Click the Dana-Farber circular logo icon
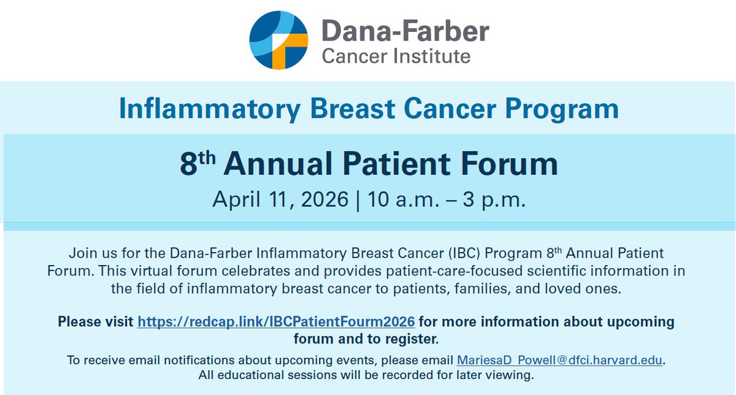click(278, 40)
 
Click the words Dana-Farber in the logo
click(405, 31)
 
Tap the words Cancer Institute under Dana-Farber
click(396, 57)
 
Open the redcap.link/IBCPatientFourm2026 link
click(276, 322)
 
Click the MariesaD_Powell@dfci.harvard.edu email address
click(560, 361)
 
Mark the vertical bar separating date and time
click(357, 200)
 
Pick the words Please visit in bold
click(96, 322)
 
